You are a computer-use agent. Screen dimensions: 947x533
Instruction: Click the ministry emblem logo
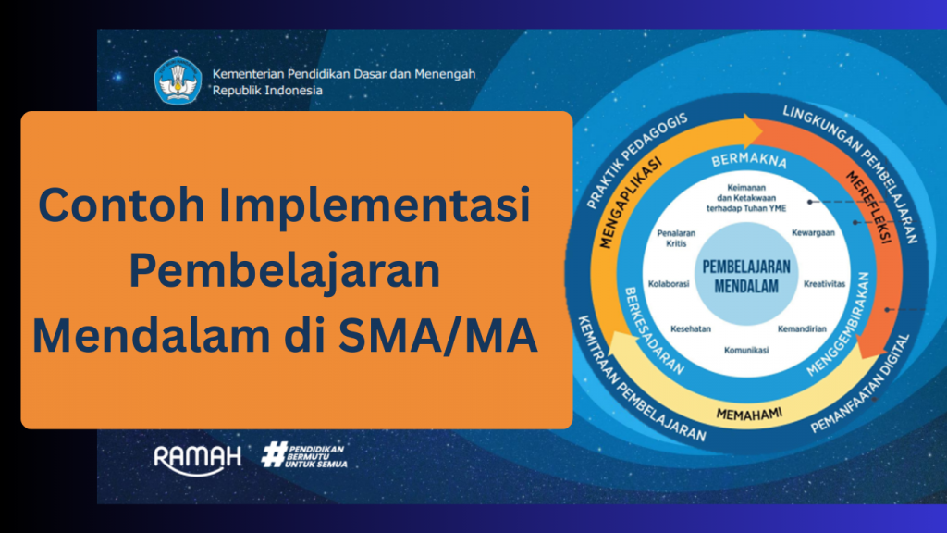[178, 81]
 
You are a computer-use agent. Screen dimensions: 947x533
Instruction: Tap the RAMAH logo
[198, 460]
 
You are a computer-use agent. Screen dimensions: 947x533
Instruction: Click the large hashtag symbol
[274, 454]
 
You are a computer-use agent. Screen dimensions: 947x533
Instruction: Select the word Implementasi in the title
[375, 205]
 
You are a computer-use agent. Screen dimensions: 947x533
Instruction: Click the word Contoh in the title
[121, 205]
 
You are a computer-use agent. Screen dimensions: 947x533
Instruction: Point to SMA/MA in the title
[437, 335]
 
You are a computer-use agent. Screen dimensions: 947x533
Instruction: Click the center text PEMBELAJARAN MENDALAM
[746, 276]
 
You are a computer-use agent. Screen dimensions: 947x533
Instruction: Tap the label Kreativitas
[824, 284]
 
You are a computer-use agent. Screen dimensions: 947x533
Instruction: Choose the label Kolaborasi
[669, 284]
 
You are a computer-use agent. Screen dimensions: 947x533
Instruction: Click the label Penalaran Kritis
[676, 238]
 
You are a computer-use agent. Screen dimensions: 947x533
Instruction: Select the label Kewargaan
[813, 232]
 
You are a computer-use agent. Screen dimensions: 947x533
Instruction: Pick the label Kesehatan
[690, 329]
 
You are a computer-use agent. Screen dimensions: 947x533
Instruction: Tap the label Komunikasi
[746, 351]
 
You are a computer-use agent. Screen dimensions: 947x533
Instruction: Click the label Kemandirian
[802, 329]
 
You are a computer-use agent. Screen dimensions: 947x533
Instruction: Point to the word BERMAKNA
[749, 160]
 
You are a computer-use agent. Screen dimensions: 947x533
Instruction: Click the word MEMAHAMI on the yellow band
[749, 414]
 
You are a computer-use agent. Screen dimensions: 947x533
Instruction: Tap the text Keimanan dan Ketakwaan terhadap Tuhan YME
[746, 198]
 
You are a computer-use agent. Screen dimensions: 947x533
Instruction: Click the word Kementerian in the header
[248, 74]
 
